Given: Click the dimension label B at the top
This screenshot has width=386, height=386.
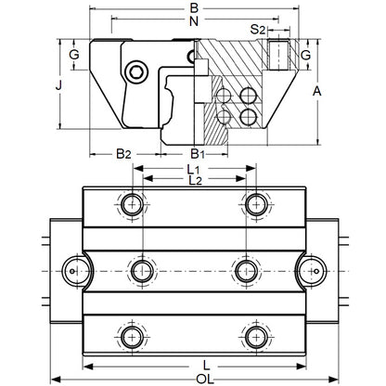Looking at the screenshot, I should click(x=193, y=7).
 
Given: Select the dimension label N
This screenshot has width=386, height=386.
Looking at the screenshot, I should click(x=193, y=20).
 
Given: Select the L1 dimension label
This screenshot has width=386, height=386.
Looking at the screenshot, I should click(x=192, y=170).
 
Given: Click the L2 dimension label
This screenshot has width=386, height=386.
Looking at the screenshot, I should click(x=192, y=182).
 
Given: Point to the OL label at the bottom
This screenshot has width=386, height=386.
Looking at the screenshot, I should click(x=193, y=379).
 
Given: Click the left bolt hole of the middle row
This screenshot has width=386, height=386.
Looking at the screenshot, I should click(x=142, y=269).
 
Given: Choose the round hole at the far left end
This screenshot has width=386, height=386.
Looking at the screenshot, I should click(x=75, y=269).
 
